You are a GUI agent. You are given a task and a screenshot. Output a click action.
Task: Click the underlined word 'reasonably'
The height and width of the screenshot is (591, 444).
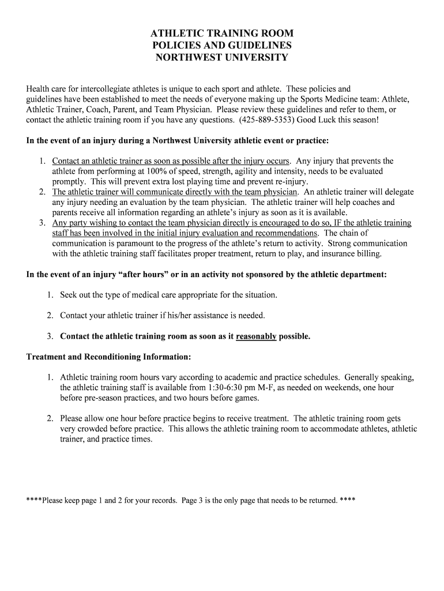pos(256,336)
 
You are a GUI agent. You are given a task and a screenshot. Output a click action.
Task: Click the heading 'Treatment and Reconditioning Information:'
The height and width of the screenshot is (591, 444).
pos(108,356)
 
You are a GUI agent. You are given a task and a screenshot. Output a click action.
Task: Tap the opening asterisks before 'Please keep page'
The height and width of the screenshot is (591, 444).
pos(34,500)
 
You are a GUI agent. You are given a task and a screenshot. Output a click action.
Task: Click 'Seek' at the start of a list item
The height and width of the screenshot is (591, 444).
pos(69,295)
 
